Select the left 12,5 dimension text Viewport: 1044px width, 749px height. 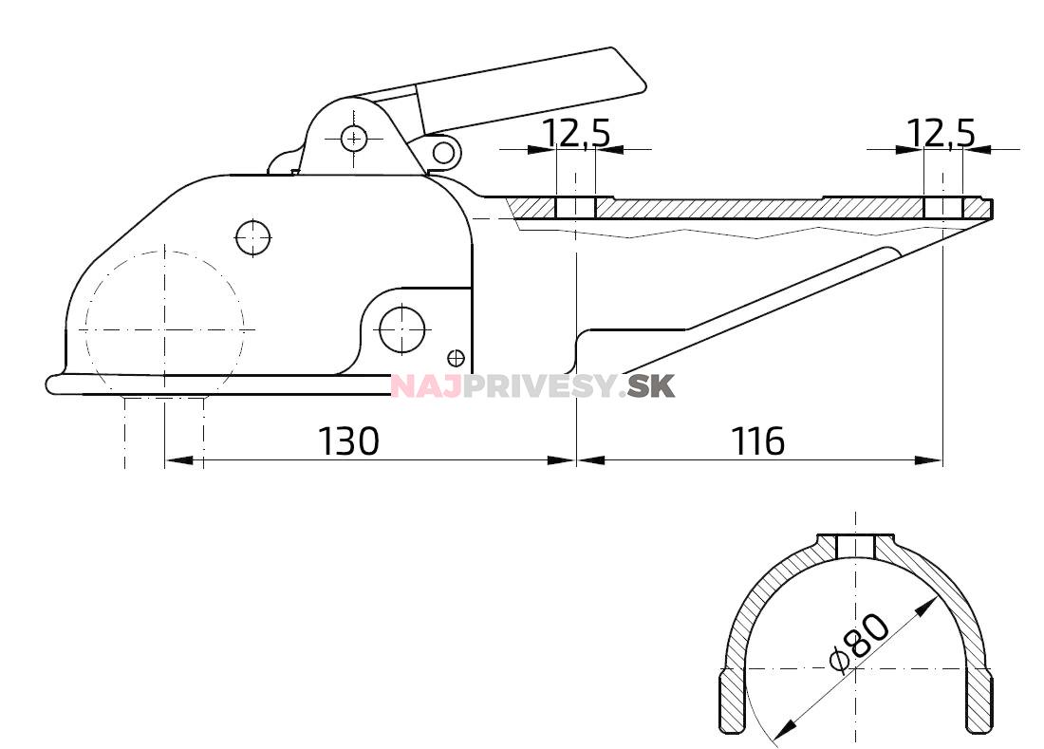[576, 134]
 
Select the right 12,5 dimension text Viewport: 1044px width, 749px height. [941, 134]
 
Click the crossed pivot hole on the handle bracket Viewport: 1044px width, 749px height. [354, 139]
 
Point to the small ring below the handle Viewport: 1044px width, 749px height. [442, 150]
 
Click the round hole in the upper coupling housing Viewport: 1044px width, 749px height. [253, 237]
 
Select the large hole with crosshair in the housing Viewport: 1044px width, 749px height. [401, 328]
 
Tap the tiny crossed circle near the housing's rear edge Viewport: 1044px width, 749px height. [456, 358]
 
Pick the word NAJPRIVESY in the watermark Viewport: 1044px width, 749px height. [508, 386]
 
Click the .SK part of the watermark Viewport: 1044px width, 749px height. [652, 386]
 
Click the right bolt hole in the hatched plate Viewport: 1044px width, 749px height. [942, 208]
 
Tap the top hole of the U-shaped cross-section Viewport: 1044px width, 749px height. [856, 546]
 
